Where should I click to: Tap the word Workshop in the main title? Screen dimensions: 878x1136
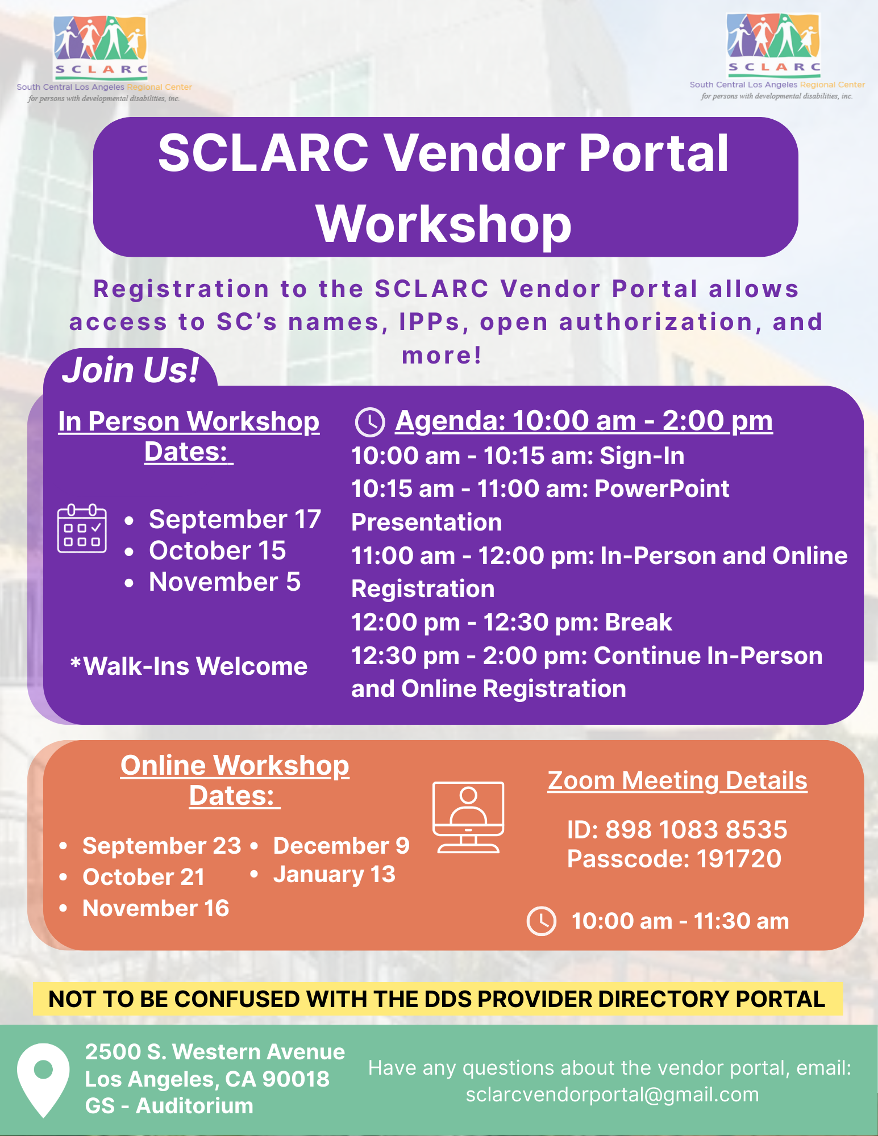(444, 224)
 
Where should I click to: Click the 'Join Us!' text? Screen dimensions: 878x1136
(130, 370)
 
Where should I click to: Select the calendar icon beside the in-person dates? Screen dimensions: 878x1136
(82, 528)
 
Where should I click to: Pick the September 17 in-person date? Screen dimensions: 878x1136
(235, 519)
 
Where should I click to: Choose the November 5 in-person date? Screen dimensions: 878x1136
(224, 582)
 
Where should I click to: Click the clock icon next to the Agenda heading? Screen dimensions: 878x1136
(370, 422)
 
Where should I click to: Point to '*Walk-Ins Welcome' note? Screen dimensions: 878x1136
(189, 666)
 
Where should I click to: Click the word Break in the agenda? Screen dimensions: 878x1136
(638, 622)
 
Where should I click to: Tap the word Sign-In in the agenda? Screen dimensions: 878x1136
(642, 456)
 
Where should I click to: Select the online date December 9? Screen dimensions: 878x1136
(341, 846)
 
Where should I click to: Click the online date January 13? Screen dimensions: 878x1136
(334, 875)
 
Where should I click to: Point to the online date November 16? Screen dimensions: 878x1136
(156, 908)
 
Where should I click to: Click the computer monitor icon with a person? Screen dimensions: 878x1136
(468, 817)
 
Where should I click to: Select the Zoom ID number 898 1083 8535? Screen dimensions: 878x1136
(696, 830)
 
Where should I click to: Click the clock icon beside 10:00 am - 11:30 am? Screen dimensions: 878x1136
(542, 921)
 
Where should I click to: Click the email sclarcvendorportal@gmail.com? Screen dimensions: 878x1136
(612, 1095)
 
